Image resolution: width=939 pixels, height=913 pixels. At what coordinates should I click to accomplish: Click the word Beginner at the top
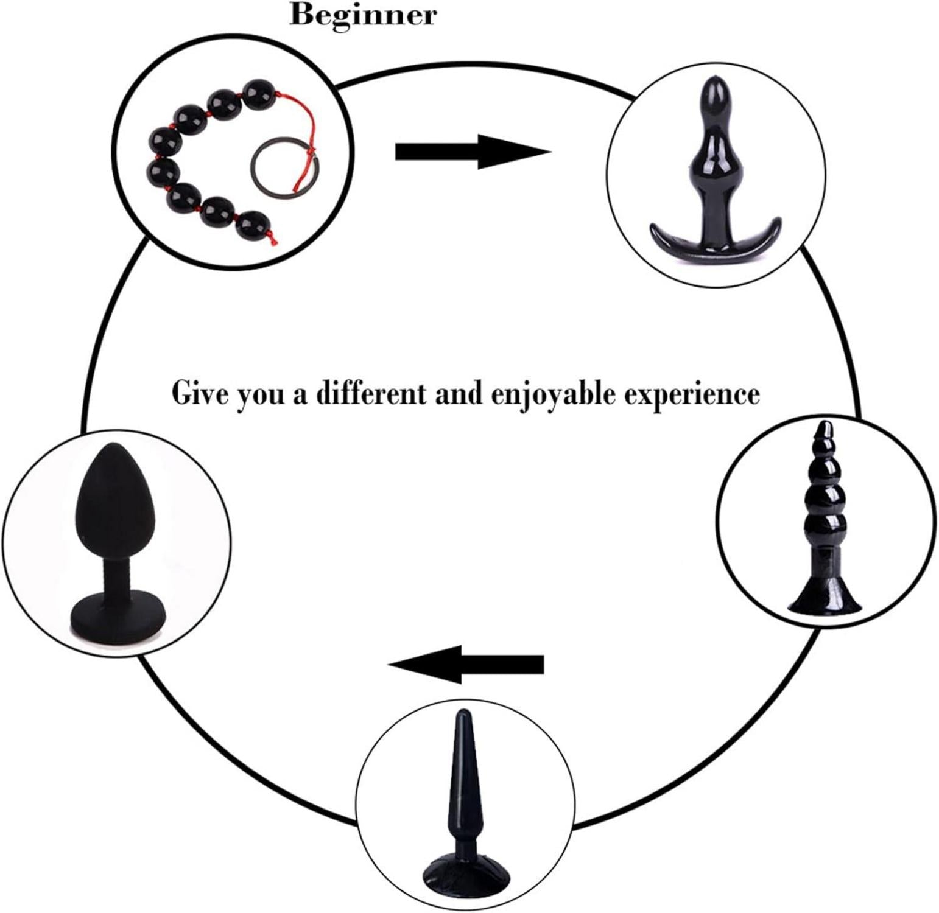tap(363, 15)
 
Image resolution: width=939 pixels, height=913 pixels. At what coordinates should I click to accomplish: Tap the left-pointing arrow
tap(466, 663)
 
